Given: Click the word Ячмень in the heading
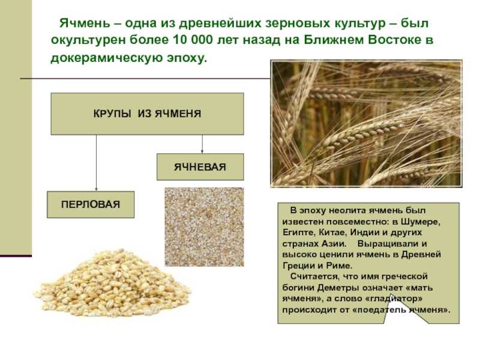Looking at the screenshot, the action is click(x=85, y=23).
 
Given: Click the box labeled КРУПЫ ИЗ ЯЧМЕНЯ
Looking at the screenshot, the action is click(x=147, y=114).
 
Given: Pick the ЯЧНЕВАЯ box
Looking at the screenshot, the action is click(x=200, y=167).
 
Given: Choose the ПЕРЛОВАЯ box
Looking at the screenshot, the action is click(x=91, y=205).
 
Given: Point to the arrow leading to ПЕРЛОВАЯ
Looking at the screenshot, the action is click(x=97, y=163).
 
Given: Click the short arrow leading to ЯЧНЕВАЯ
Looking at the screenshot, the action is click(x=202, y=144).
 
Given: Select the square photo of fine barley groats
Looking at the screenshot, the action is click(x=204, y=227).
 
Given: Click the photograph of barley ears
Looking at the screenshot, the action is click(x=366, y=124).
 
